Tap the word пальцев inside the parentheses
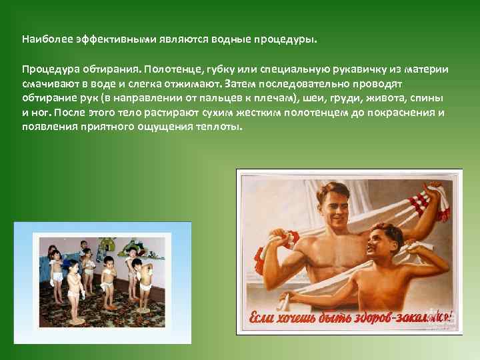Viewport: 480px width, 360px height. coord(229,99)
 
